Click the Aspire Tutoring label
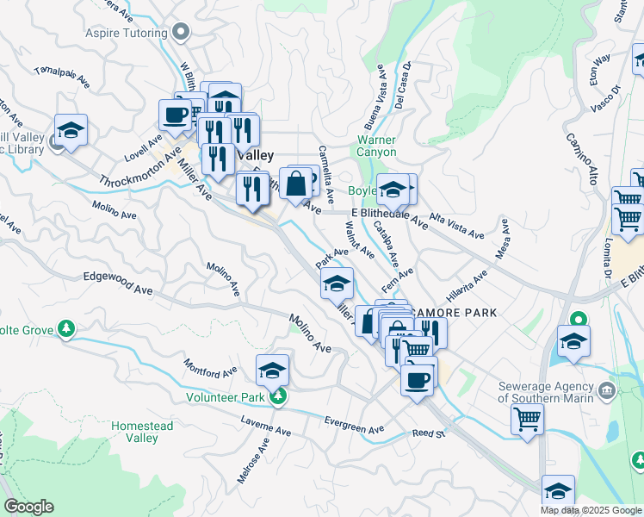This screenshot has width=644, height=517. (x=126, y=34)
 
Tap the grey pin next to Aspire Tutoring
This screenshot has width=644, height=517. (x=180, y=34)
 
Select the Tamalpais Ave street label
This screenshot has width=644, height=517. (x=62, y=77)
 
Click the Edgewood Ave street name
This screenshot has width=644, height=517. (x=118, y=277)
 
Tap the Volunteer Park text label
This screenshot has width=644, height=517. (x=226, y=397)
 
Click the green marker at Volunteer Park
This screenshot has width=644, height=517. (x=277, y=396)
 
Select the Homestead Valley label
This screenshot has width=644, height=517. (x=142, y=432)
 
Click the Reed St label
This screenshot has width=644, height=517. (x=428, y=433)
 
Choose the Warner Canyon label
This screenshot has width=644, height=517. (x=376, y=146)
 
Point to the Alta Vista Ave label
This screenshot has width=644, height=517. (x=457, y=227)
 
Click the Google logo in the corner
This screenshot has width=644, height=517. (x=28, y=507)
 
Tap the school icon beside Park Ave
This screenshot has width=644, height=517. (x=337, y=282)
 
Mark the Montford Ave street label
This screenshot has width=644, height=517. (x=210, y=369)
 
